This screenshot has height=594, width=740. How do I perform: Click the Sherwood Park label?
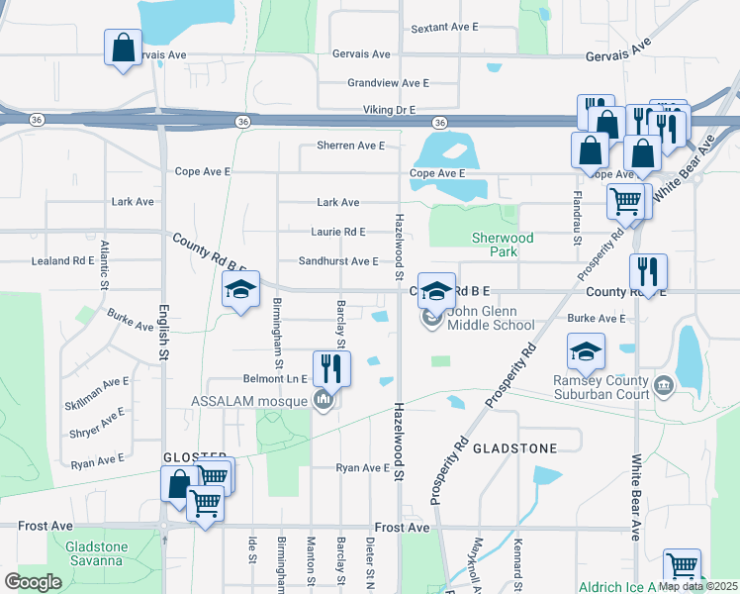pos(503,245)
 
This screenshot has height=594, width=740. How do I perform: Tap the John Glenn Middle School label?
pos(491,318)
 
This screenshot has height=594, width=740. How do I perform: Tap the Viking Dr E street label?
pos(381,109)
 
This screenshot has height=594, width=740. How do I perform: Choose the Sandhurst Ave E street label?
pos(339,261)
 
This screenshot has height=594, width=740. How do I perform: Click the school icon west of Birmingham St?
pos(240,291)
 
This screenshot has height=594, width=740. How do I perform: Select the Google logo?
pos(33,581)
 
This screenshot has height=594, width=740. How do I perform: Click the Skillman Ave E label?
pos(96,381)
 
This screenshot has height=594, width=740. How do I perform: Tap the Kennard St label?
pos(515,557)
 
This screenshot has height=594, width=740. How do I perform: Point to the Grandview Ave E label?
pos(388,84)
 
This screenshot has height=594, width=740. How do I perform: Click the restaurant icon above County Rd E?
pos(648,271)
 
